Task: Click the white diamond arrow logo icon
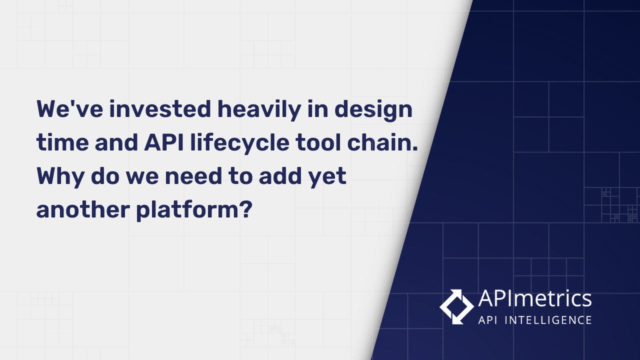[456, 306]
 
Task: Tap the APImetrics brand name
[534, 299]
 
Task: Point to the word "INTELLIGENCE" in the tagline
[549, 320]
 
